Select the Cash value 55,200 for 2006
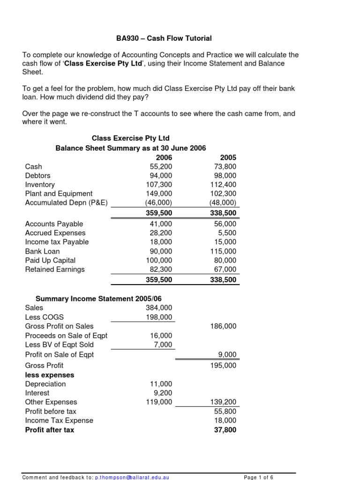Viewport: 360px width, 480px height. tap(161, 166)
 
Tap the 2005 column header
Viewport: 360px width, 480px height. tap(228, 157)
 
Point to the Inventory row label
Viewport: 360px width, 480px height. tap(40, 185)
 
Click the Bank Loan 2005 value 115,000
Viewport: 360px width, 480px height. tap(224, 251)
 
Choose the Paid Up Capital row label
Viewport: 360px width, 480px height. tap(50, 260)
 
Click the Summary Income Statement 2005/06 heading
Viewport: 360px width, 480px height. tap(99, 299)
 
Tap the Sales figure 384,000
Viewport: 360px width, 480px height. tap(159, 308)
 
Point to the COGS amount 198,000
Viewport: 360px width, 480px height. tap(159, 317)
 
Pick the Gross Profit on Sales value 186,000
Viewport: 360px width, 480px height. tap(224, 326)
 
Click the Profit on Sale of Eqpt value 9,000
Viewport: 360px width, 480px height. tap(227, 355)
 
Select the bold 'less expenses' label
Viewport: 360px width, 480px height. tap(49, 375)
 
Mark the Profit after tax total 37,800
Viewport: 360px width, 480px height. tap(225, 430)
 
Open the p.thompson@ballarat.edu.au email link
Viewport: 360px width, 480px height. tap(132, 477)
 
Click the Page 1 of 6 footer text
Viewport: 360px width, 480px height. tap(258, 477)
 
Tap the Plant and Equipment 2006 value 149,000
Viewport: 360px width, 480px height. tap(159, 194)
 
